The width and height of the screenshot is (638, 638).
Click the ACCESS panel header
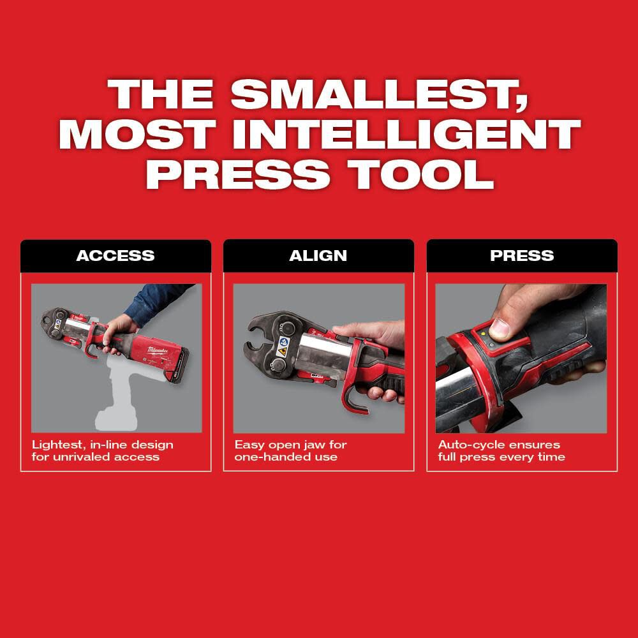pos(115,256)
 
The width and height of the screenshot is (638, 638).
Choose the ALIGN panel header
pos(318,256)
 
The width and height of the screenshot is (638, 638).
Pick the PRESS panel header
pos(522,256)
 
